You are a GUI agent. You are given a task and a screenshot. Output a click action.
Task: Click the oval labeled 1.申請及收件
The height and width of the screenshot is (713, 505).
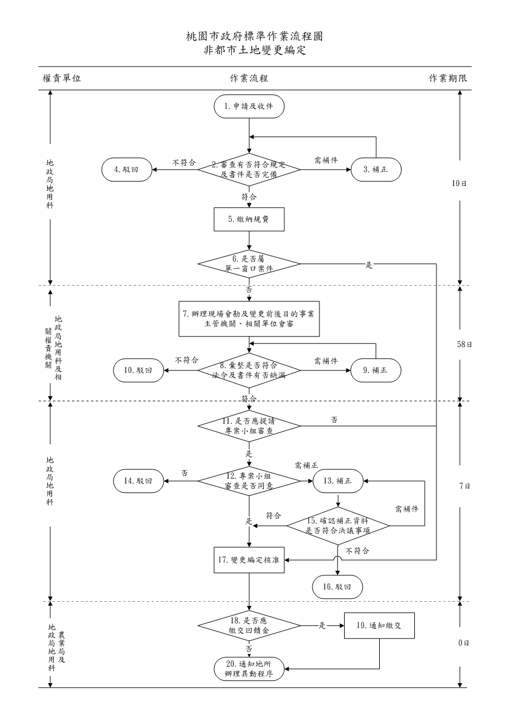click(x=249, y=106)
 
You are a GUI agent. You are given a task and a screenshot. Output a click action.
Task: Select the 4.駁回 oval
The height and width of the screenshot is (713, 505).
click(x=126, y=170)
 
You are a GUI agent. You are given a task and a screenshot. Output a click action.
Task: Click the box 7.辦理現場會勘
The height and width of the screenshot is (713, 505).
click(x=249, y=318)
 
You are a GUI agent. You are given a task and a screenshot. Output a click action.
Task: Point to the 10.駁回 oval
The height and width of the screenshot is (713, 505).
click(x=138, y=370)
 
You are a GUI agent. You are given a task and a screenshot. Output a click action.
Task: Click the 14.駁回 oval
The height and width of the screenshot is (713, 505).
click(x=138, y=481)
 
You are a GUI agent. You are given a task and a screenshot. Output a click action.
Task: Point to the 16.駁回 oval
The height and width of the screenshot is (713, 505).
click(x=338, y=587)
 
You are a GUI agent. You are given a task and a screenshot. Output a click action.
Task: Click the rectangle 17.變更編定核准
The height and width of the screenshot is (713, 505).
click(x=249, y=560)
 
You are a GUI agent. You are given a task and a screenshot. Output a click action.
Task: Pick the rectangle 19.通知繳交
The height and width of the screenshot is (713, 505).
click(x=380, y=625)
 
